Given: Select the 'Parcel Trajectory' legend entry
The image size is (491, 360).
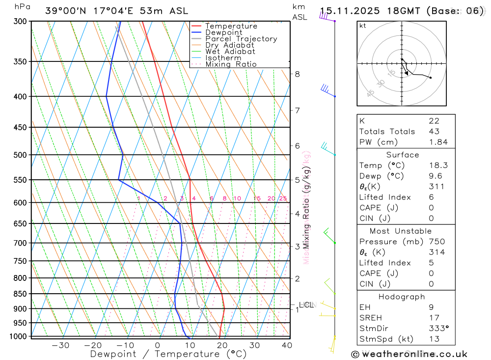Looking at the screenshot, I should pos(241,39).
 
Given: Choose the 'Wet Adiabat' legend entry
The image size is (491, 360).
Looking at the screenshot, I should pos(230,52).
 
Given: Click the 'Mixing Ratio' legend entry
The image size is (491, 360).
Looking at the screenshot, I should pos(231,64).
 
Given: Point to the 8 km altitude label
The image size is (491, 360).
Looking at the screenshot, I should pos(297,74).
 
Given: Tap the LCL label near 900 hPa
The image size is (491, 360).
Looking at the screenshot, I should pos(306,305).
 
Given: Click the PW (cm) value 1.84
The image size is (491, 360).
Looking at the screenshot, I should pos(438,142).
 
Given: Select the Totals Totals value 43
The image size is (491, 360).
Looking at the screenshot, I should pos(434,131).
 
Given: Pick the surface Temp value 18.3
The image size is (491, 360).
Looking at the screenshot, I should pos(438,166).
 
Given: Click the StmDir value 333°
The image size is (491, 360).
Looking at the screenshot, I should pos(438,329).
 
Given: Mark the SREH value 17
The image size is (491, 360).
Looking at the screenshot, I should pos(434,318).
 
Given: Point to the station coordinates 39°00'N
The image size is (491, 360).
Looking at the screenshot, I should pos(65,11).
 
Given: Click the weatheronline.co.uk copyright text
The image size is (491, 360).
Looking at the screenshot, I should pos(409,354).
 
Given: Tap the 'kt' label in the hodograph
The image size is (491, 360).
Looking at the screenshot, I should pos(363,26).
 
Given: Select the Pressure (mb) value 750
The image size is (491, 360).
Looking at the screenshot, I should pos(436,242).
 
